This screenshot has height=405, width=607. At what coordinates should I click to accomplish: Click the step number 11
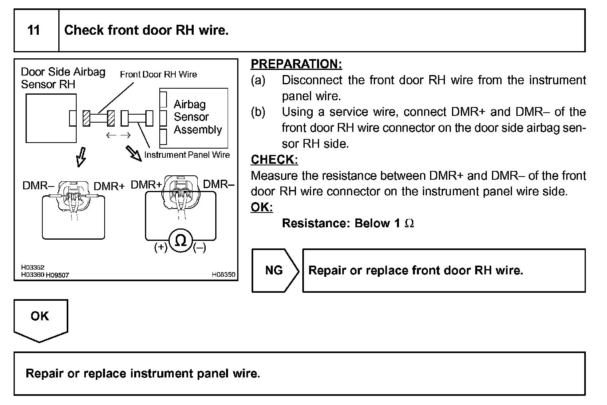[34, 30]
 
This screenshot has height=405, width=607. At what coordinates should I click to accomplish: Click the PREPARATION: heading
[296, 64]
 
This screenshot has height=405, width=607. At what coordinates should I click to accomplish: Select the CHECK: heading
[274, 160]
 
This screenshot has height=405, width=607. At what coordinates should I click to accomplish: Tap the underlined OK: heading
[262, 207]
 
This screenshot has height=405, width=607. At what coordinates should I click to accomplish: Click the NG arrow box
[274, 270]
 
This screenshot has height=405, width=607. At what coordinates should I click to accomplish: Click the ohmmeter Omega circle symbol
[181, 240]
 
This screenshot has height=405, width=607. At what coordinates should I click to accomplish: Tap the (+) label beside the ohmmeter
[161, 248]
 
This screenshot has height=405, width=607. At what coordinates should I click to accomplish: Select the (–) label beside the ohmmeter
[199, 248]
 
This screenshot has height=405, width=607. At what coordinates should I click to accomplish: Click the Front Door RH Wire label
[158, 74]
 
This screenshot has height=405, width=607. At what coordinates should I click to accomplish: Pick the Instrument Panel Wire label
[187, 155]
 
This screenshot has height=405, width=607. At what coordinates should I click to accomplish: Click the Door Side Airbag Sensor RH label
[63, 78]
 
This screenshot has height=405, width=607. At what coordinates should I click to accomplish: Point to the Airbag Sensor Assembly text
[197, 117]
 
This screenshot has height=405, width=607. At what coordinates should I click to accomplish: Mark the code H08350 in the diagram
[223, 274]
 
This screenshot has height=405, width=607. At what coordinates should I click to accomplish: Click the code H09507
[58, 275]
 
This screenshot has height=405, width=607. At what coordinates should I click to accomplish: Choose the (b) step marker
[258, 112]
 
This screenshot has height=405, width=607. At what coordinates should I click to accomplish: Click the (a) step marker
[258, 80]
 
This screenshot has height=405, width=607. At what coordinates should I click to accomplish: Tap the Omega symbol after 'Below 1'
[409, 223]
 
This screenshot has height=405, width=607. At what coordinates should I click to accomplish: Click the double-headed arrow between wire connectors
[118, 135]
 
